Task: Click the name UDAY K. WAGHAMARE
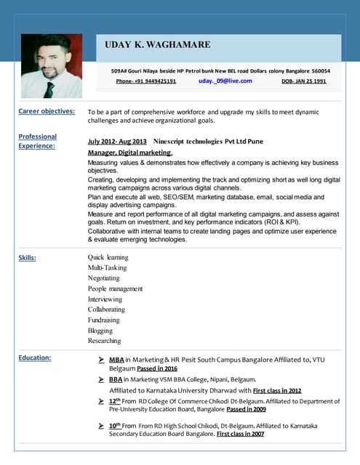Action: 158,45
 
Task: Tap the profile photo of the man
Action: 52,66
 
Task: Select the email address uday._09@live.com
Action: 225,81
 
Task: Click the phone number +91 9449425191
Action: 146,81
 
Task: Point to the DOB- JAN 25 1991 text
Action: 303,81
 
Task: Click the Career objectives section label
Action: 47,111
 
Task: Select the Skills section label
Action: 28,257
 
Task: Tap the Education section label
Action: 35,357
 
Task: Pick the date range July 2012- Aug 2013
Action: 116,141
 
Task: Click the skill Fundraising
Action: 104,320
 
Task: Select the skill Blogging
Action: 100,330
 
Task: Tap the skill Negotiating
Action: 104,278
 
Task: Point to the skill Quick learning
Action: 108,257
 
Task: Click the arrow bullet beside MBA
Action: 101,359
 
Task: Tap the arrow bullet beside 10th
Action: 101,425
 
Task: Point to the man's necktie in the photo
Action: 49,89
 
